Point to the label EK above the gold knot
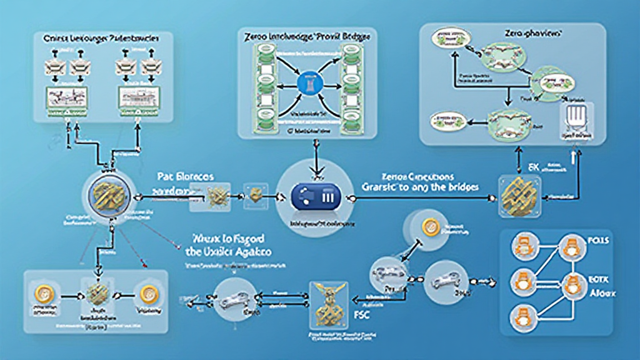533,167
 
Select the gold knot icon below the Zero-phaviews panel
517,196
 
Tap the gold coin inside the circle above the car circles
429,228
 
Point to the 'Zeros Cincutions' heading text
409,177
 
